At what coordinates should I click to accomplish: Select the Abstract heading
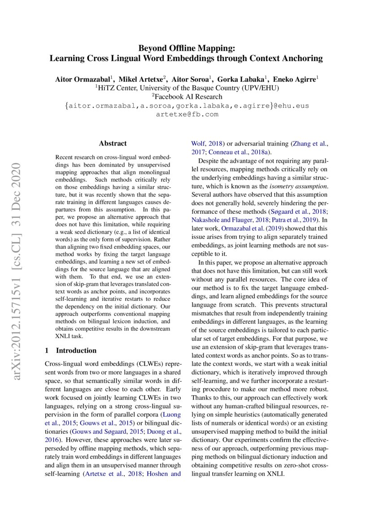(113, 144)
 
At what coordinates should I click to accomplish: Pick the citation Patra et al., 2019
(292, 220)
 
